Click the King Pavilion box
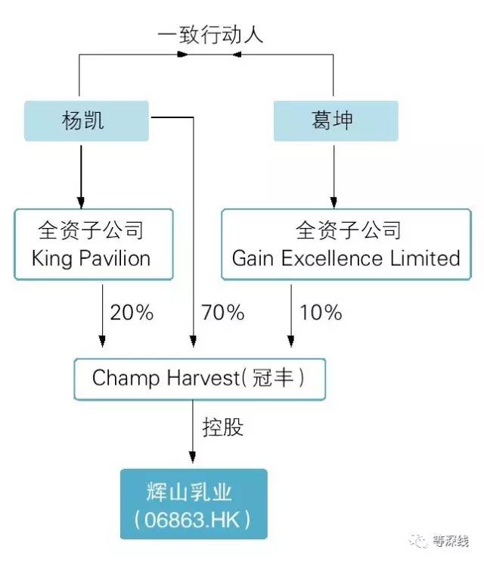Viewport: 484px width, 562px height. point(93,243)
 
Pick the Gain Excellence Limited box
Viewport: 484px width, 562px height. point(346,243)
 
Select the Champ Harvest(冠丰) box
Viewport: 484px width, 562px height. point(199,379)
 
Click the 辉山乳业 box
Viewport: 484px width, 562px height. point(193,504)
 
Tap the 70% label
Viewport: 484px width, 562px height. point(222,311)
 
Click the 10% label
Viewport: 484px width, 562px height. point(321,311)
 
